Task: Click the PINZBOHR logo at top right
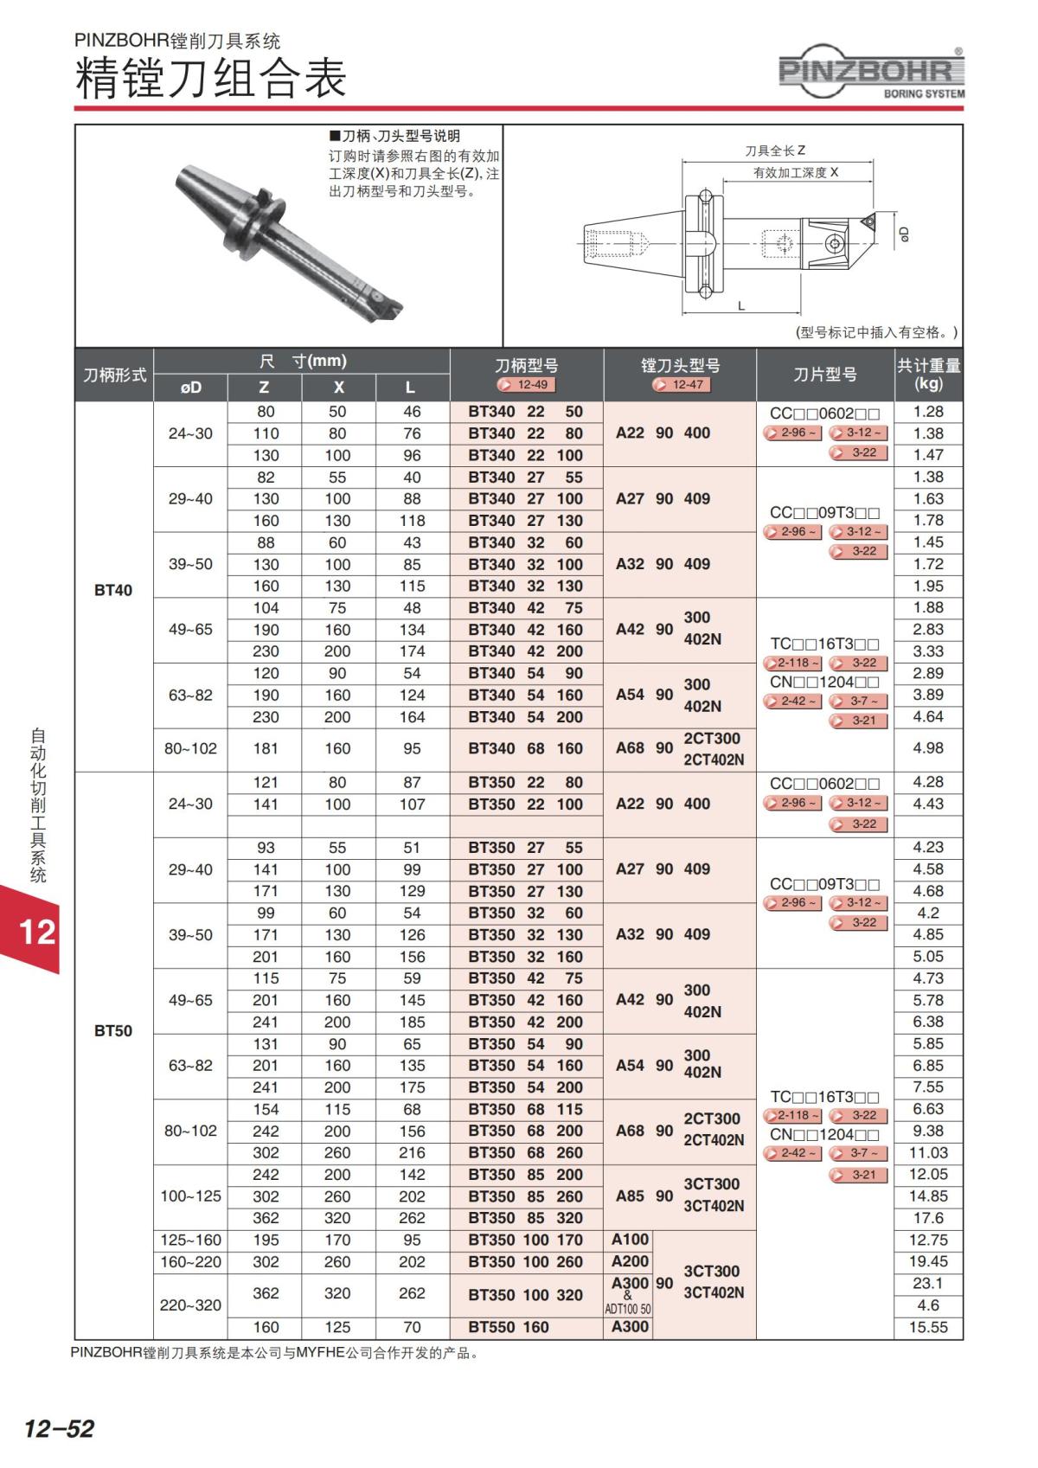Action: pos(871,72)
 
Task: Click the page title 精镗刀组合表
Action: pos(211,78)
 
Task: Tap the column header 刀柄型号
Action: pos(526,366)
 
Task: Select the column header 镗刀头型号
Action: pos(680,366)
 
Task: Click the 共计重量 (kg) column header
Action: pos(928,374)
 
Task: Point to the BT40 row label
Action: pos(113,590)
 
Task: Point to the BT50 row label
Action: pos(113,1030)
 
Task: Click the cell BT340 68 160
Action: pos(526,748)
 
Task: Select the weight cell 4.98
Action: pos(928,748)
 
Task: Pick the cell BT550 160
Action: pos(509,1327)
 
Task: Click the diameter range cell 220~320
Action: pos(190,1305)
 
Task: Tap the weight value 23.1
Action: pos(928,1283)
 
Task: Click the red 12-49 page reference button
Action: pos(526,385)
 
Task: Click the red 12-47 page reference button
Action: pos(681,385)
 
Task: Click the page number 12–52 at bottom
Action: pos(59,1427)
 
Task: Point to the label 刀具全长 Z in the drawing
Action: pos(775,151)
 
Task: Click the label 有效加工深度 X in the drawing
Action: pos(796,173)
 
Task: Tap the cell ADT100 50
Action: pos(628,1309)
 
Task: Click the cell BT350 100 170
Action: pos(526,1240)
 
